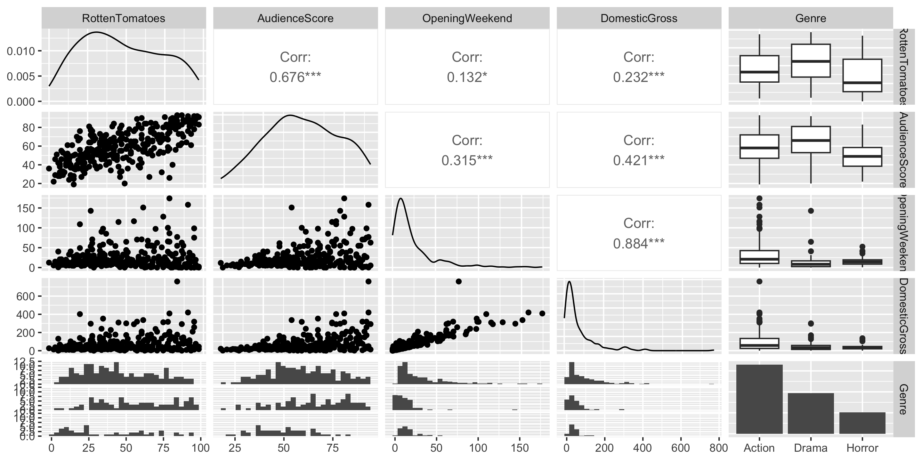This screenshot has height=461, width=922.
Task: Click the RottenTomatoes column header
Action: pos(124,18)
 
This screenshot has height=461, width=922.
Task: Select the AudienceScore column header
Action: pos(295,18)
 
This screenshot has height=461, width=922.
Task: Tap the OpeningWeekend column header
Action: pos(467,18)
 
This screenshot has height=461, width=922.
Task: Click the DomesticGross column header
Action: pos(639,18)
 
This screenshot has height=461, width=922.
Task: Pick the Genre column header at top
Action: pos(811,18)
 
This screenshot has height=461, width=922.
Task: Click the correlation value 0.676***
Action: pos(295,77)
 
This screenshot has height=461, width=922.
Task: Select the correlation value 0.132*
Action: pos(467,77)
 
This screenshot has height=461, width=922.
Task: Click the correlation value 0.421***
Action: pos(639,160)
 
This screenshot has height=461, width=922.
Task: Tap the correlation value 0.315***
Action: pos(467,160)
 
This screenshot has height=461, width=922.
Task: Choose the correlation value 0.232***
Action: pos(639,77)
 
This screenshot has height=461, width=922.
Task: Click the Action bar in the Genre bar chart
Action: pos(759,399)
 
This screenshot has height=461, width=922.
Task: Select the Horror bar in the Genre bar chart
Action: pos(862,423)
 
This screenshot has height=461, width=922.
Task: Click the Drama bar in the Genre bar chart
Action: pos(811,413)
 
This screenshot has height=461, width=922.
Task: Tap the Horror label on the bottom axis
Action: pos(862,448)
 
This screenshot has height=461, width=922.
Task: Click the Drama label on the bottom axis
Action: pos(811,448)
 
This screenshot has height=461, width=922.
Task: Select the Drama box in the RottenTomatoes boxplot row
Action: pos(811,61)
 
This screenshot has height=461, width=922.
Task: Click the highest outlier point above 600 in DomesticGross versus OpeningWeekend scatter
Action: pos(458,281)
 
